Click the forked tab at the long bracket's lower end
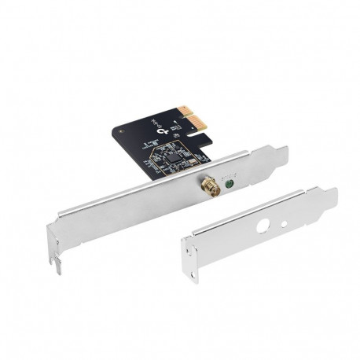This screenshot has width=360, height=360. (57, 263)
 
